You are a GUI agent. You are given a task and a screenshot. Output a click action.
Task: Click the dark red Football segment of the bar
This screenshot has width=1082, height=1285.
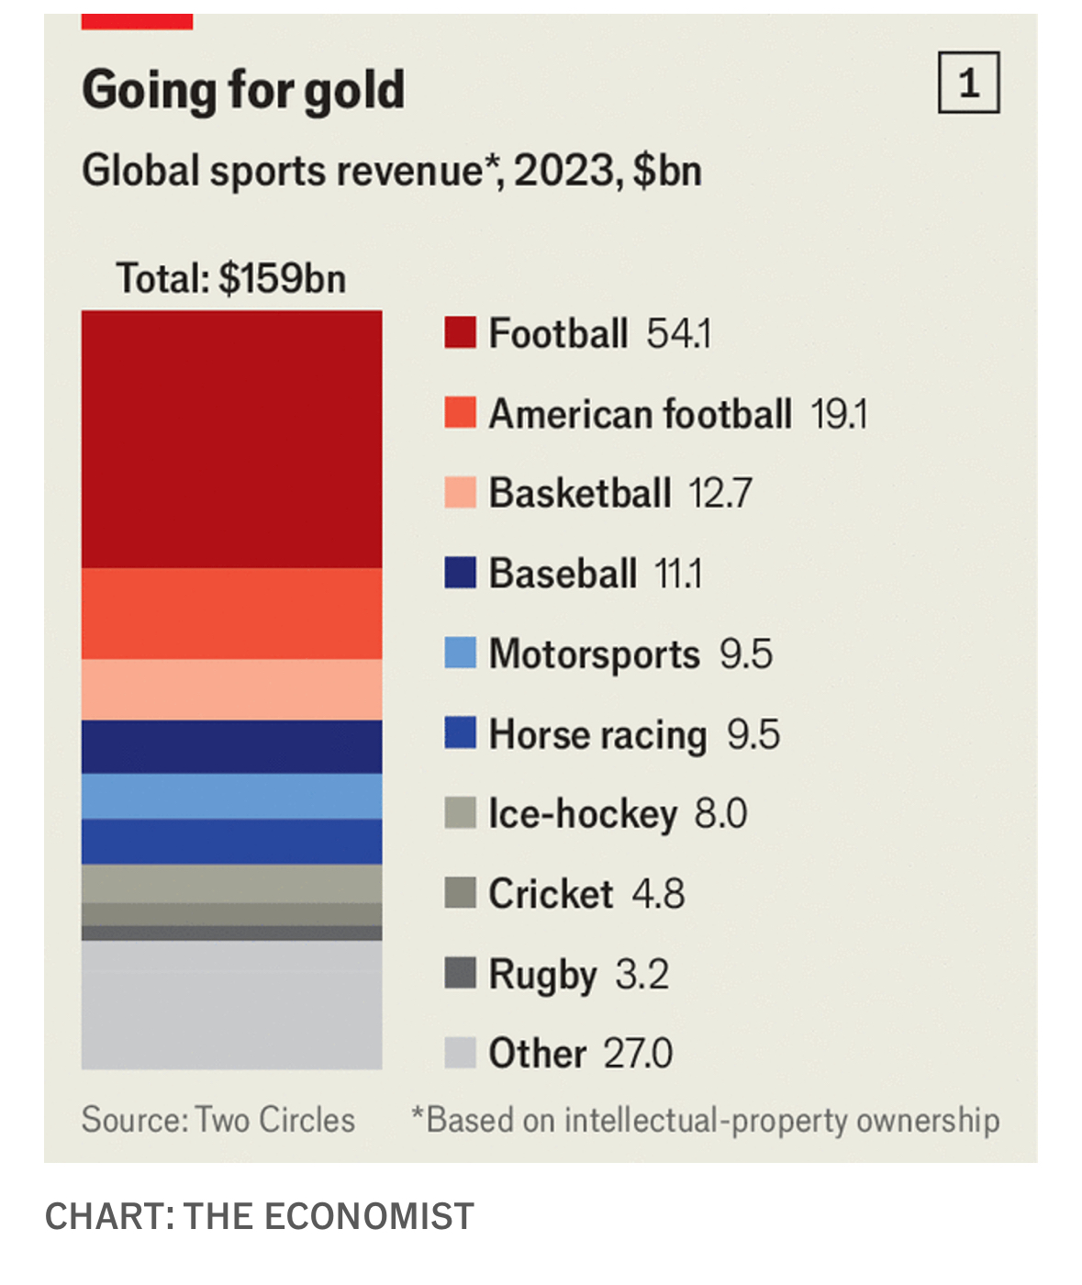coord(231,439)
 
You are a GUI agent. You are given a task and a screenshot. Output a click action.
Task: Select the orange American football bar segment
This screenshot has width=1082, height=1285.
coord(231,613)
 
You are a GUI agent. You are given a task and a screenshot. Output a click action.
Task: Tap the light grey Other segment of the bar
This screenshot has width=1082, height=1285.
coord(231,1004)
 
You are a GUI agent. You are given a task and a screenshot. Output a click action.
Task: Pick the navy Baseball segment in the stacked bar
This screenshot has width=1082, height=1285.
coord(231,746)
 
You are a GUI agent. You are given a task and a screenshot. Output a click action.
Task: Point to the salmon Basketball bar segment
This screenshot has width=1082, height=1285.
coord(231,689)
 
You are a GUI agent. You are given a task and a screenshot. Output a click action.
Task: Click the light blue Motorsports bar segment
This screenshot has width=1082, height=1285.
coord(231,796)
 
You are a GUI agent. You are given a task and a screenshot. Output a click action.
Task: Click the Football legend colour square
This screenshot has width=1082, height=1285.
coord(460,333)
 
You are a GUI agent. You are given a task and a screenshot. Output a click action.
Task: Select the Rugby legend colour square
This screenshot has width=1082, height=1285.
coord(460,973)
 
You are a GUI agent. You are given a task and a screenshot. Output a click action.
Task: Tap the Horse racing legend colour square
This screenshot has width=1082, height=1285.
coord(460,733)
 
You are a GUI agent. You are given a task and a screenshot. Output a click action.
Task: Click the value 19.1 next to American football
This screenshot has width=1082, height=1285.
coord(839,415)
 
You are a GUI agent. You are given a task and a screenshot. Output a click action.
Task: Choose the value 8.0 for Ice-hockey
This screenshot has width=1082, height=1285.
coord(720,814)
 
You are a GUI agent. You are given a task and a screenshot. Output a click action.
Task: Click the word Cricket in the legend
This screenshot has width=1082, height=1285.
coord(551,894)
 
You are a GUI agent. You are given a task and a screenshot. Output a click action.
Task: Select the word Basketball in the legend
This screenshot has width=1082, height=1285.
coord(580,494)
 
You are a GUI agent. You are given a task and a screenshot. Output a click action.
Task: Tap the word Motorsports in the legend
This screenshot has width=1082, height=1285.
coord(594,654)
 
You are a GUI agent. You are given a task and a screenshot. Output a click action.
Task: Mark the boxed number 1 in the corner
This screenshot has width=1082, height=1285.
coord(968,84)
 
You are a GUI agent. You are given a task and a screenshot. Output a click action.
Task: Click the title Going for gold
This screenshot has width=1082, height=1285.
coord(243,90)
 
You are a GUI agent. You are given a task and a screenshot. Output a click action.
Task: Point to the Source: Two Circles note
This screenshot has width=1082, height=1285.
coord(218,1120)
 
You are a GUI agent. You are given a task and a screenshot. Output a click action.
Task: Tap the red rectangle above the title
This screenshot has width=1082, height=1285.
coord(137,21)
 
